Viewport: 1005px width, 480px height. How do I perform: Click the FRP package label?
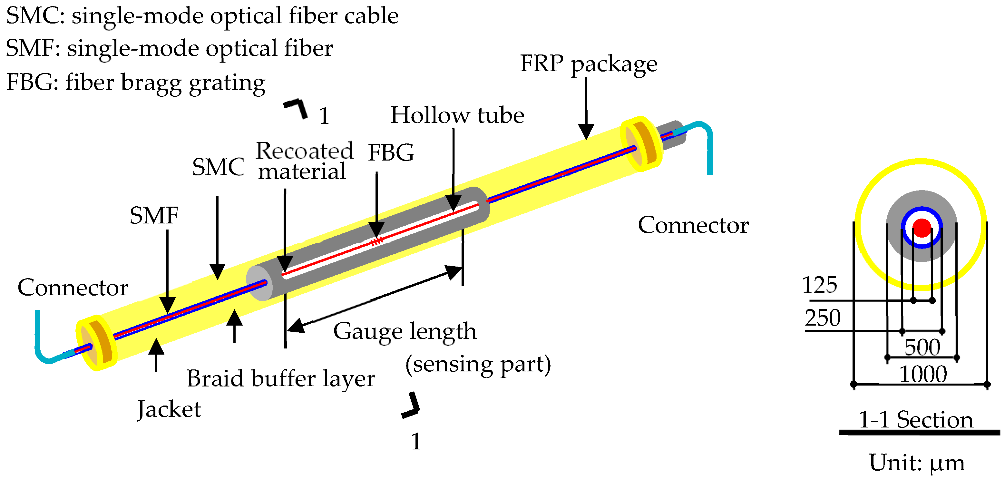[x=588, y=64]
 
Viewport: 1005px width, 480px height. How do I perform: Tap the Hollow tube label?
[x=457, y=115]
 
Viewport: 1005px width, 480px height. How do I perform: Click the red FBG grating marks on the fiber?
[x=377, y=241]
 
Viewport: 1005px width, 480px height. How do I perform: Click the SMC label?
[x=218, y=167]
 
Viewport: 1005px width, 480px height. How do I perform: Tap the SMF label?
[x=154, y=216]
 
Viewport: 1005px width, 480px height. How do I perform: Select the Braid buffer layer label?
[x=280, y=379]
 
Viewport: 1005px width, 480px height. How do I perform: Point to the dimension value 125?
[x=819, y=285]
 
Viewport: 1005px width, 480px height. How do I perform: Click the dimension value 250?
[x=823, y=318]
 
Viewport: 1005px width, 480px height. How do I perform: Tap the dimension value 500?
[x=922, y=347]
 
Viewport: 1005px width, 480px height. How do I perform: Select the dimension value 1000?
[x=923, y=375]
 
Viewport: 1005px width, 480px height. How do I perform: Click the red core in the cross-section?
[x=922, y=228]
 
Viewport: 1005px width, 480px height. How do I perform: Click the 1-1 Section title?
[x=916, y=420]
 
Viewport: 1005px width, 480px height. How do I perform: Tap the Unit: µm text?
[x=916, y=464]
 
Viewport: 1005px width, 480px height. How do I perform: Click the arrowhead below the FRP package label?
[x=586, y=132]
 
